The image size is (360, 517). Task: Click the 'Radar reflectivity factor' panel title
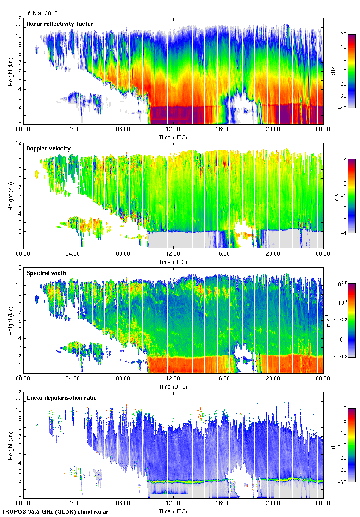point(60,24)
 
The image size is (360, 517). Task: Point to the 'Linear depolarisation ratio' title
point(61,398)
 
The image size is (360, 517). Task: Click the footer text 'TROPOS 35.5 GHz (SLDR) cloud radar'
point(55,511)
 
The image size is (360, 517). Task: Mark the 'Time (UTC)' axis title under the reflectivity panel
point(173,138)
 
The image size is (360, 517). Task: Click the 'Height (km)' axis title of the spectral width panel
point(10,320)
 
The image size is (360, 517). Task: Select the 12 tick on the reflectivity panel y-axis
point(18,18)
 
